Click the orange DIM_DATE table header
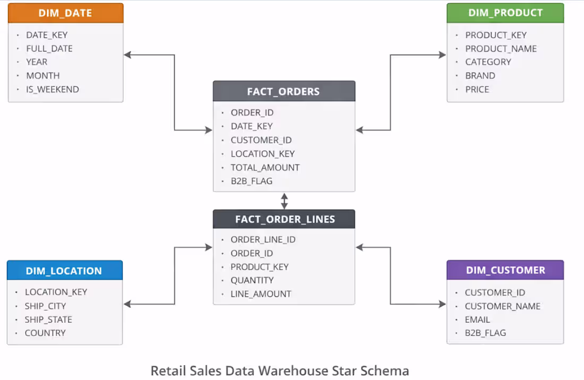tap(65, 13)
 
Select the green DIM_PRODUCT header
tap(505, 13)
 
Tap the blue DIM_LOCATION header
tap(64, 271)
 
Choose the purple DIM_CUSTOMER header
tap(505, 270)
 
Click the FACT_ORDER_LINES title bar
tap(284, 219)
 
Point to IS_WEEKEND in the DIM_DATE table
tap(52, 89)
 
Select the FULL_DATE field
tap(49, 48)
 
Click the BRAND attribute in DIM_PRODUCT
tap(480, 75)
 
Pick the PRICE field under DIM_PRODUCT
tap(477, 89)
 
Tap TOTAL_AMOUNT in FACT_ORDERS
tap(265, 167)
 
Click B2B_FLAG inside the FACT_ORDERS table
tap(251, 181)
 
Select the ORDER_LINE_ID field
tap(263, 239)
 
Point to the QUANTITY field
tap(252, 280)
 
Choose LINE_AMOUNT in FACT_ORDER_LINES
tap(261, 293)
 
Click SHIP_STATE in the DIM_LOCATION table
tap(48, 319)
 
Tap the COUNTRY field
tap(45, 333)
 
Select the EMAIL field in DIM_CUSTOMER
tap(477, 319)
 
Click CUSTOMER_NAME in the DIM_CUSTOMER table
tap(502, 306)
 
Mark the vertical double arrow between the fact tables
tap(285, 201)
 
